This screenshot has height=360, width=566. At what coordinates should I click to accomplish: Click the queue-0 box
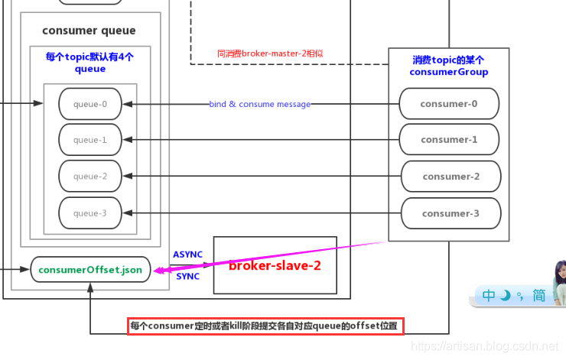pos(90,104)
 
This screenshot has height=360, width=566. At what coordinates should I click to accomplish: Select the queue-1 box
pos(90,140)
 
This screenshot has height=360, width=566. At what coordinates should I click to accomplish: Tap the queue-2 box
pos(90,177)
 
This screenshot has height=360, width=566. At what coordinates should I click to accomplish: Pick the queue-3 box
pos(90,213)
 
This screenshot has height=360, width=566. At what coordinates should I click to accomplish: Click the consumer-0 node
pos(449,104)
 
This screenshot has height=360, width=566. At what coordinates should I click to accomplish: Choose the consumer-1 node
pos(449,140)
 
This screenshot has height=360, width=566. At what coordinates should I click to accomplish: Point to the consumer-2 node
pos(451,177)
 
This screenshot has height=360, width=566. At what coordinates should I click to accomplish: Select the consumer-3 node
pos(451,214)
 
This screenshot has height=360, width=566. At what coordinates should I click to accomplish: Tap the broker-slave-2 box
pos(275,265)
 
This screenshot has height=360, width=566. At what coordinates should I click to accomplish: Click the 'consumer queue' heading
pos(89,31)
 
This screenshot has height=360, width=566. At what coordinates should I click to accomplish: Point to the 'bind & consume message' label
pos(260,104)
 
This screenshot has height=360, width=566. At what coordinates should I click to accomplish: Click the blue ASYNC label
pos(187,255)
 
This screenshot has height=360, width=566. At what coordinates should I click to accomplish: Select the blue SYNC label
pos(187,277)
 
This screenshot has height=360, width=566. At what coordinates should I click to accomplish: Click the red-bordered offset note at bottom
pos(264,326)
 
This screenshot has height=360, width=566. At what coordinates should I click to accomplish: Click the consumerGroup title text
pos(448,66)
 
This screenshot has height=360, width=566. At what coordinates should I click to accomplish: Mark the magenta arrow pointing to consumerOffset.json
pos(268,257)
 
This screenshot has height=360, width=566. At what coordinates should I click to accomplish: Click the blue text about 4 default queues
pos(89,63)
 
